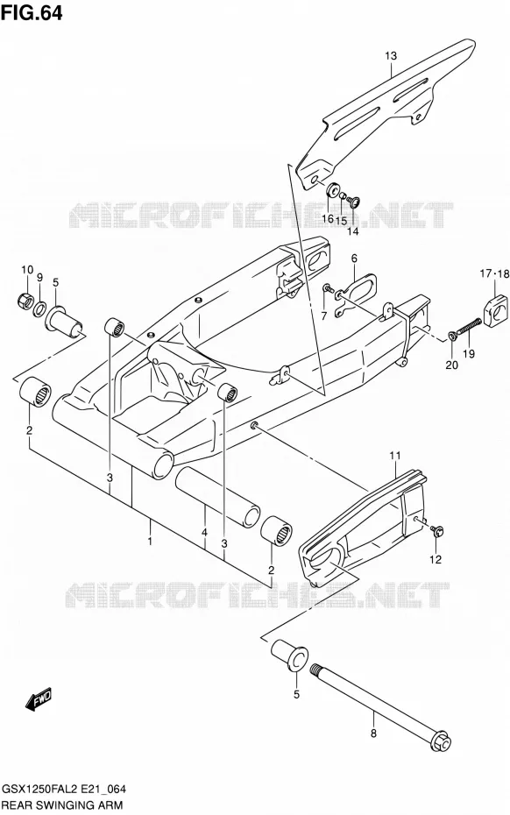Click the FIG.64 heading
pos(32,12)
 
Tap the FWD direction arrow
pos(39,698)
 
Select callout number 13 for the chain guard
pos(391,55)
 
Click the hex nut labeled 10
pos(25,300)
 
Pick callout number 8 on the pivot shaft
pos(373,733)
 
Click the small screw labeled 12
pos(436,530)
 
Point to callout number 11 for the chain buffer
pos(395,456)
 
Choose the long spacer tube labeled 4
pos(217,493)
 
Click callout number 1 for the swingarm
pos(149,541)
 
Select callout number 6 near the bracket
pos(354,259)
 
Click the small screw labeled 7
pos(327,288)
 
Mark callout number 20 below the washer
pos(452,365)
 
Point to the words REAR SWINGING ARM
pos(63,805)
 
